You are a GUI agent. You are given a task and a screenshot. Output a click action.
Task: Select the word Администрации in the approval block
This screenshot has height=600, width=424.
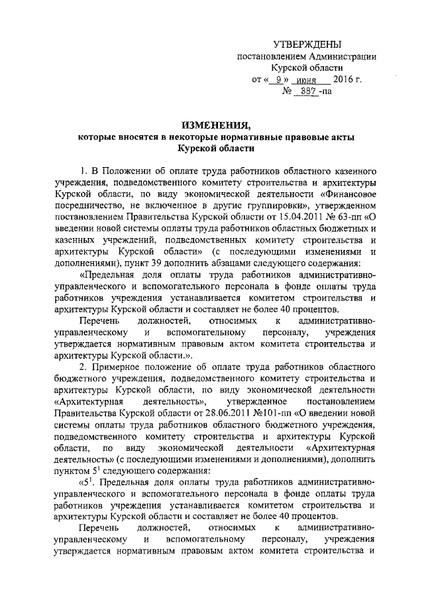point(343,56)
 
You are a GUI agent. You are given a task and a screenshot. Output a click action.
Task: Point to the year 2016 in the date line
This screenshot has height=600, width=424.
point(333,80)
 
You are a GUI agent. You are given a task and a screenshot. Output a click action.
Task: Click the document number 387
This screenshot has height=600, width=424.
point(307,93)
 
